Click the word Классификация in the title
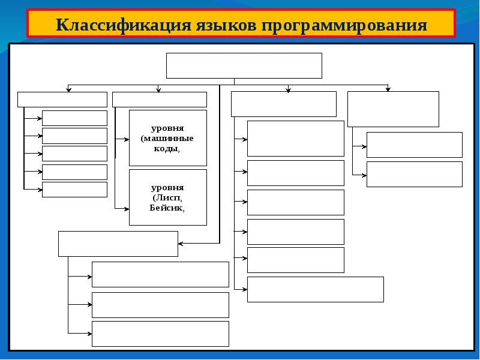[122, 26]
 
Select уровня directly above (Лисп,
[168, 188]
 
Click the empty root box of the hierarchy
[244, 65]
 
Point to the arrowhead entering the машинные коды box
[127, 139]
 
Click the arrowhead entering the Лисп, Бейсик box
[127, 209]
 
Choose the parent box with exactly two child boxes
[393, 109]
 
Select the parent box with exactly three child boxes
[118, 244]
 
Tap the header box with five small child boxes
[62, 99]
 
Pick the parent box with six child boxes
[283, 104]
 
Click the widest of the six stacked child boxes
[315, 289]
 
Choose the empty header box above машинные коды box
[160, 99]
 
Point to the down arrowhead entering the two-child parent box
[388, 89]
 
